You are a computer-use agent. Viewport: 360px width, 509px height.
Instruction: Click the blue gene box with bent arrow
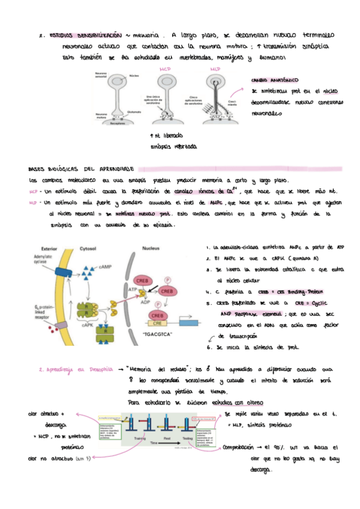pos(187,323)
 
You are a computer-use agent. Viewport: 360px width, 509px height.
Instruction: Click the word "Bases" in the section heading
pos(40,170)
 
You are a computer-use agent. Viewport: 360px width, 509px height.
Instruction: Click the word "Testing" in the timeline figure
pos(188,438)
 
